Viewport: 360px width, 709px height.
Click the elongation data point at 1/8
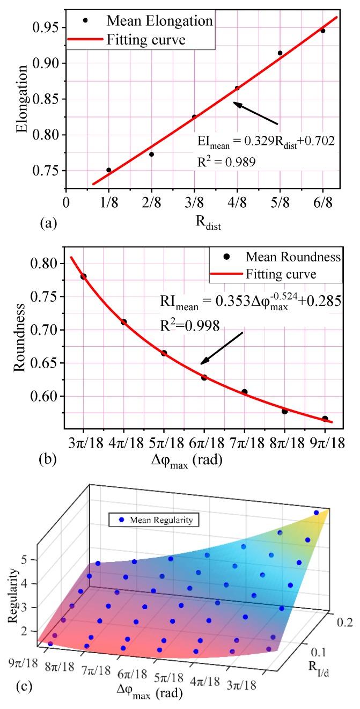point(109,170)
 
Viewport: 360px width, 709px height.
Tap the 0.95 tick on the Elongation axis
point(49,27)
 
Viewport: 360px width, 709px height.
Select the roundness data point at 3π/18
point(83,276)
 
